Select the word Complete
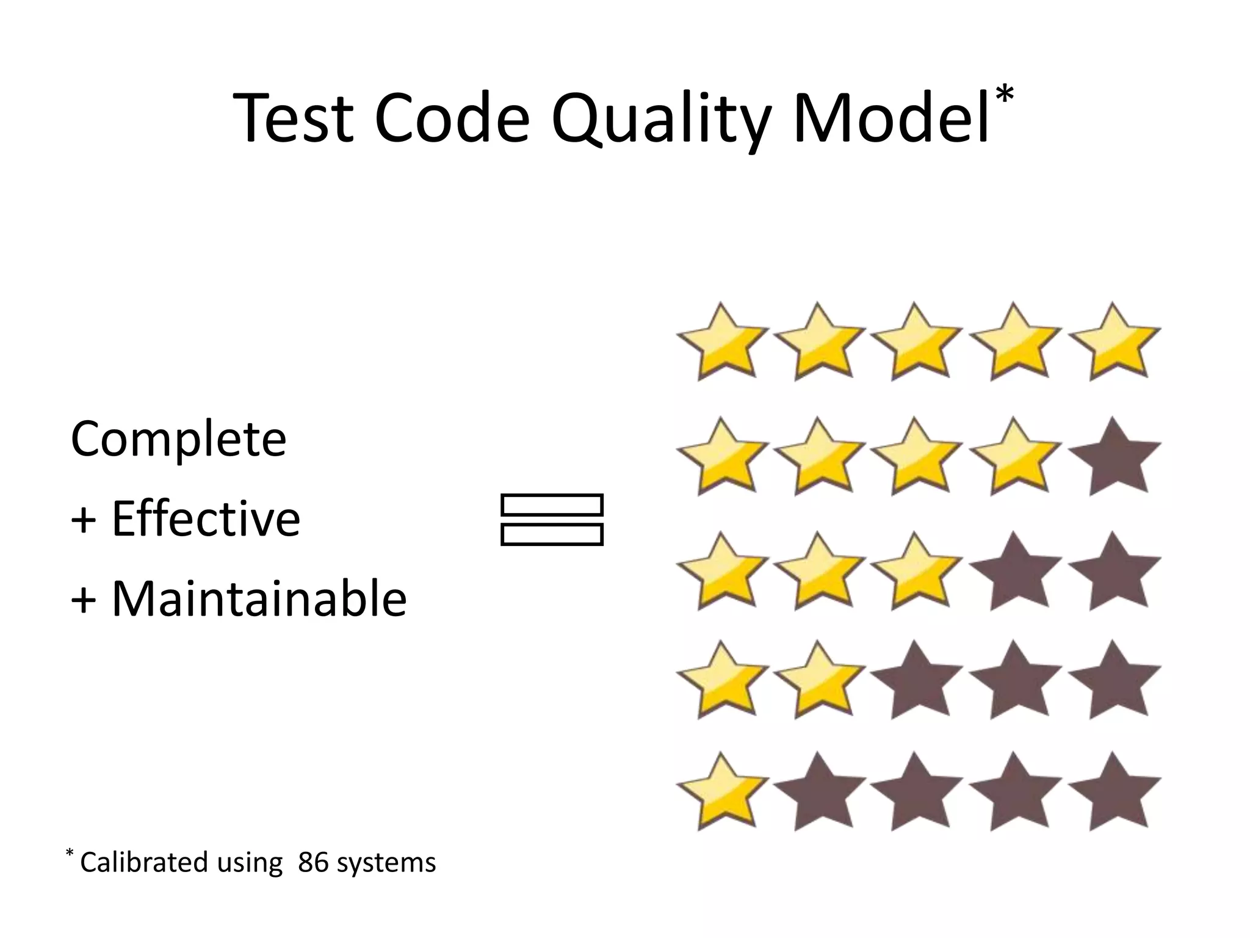178,438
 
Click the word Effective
206,518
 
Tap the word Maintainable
259,599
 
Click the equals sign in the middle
552,520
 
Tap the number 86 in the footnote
313,862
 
